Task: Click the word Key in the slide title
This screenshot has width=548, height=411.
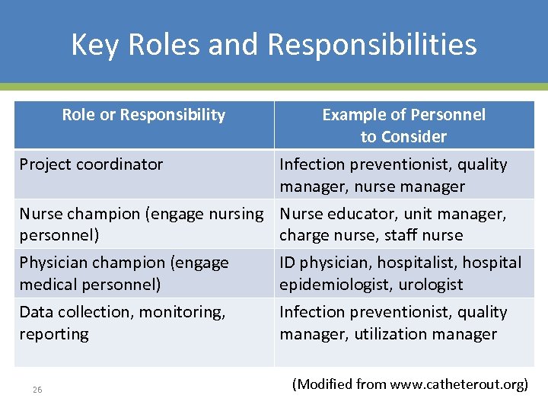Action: (x=96, y=45)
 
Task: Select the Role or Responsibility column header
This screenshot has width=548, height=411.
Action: (x=144, y=115)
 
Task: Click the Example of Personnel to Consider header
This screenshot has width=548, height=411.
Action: (x=403, y=126)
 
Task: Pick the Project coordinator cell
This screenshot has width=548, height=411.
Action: (x=91, y=164)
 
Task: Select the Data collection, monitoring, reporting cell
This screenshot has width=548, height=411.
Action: (x=122, y=323)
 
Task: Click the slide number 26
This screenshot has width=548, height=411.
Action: (x=37, y=390)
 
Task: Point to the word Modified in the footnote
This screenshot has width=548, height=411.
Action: (x=327, y=384)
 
